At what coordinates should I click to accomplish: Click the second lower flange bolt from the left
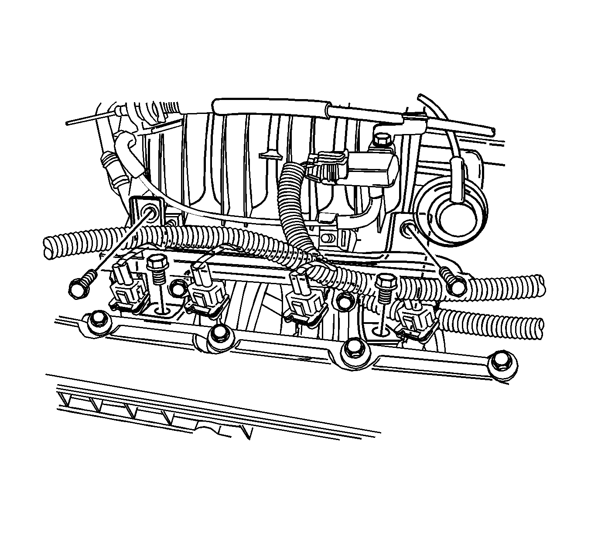tap(219, 337)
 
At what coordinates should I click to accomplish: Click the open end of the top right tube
tap(492, 131)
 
